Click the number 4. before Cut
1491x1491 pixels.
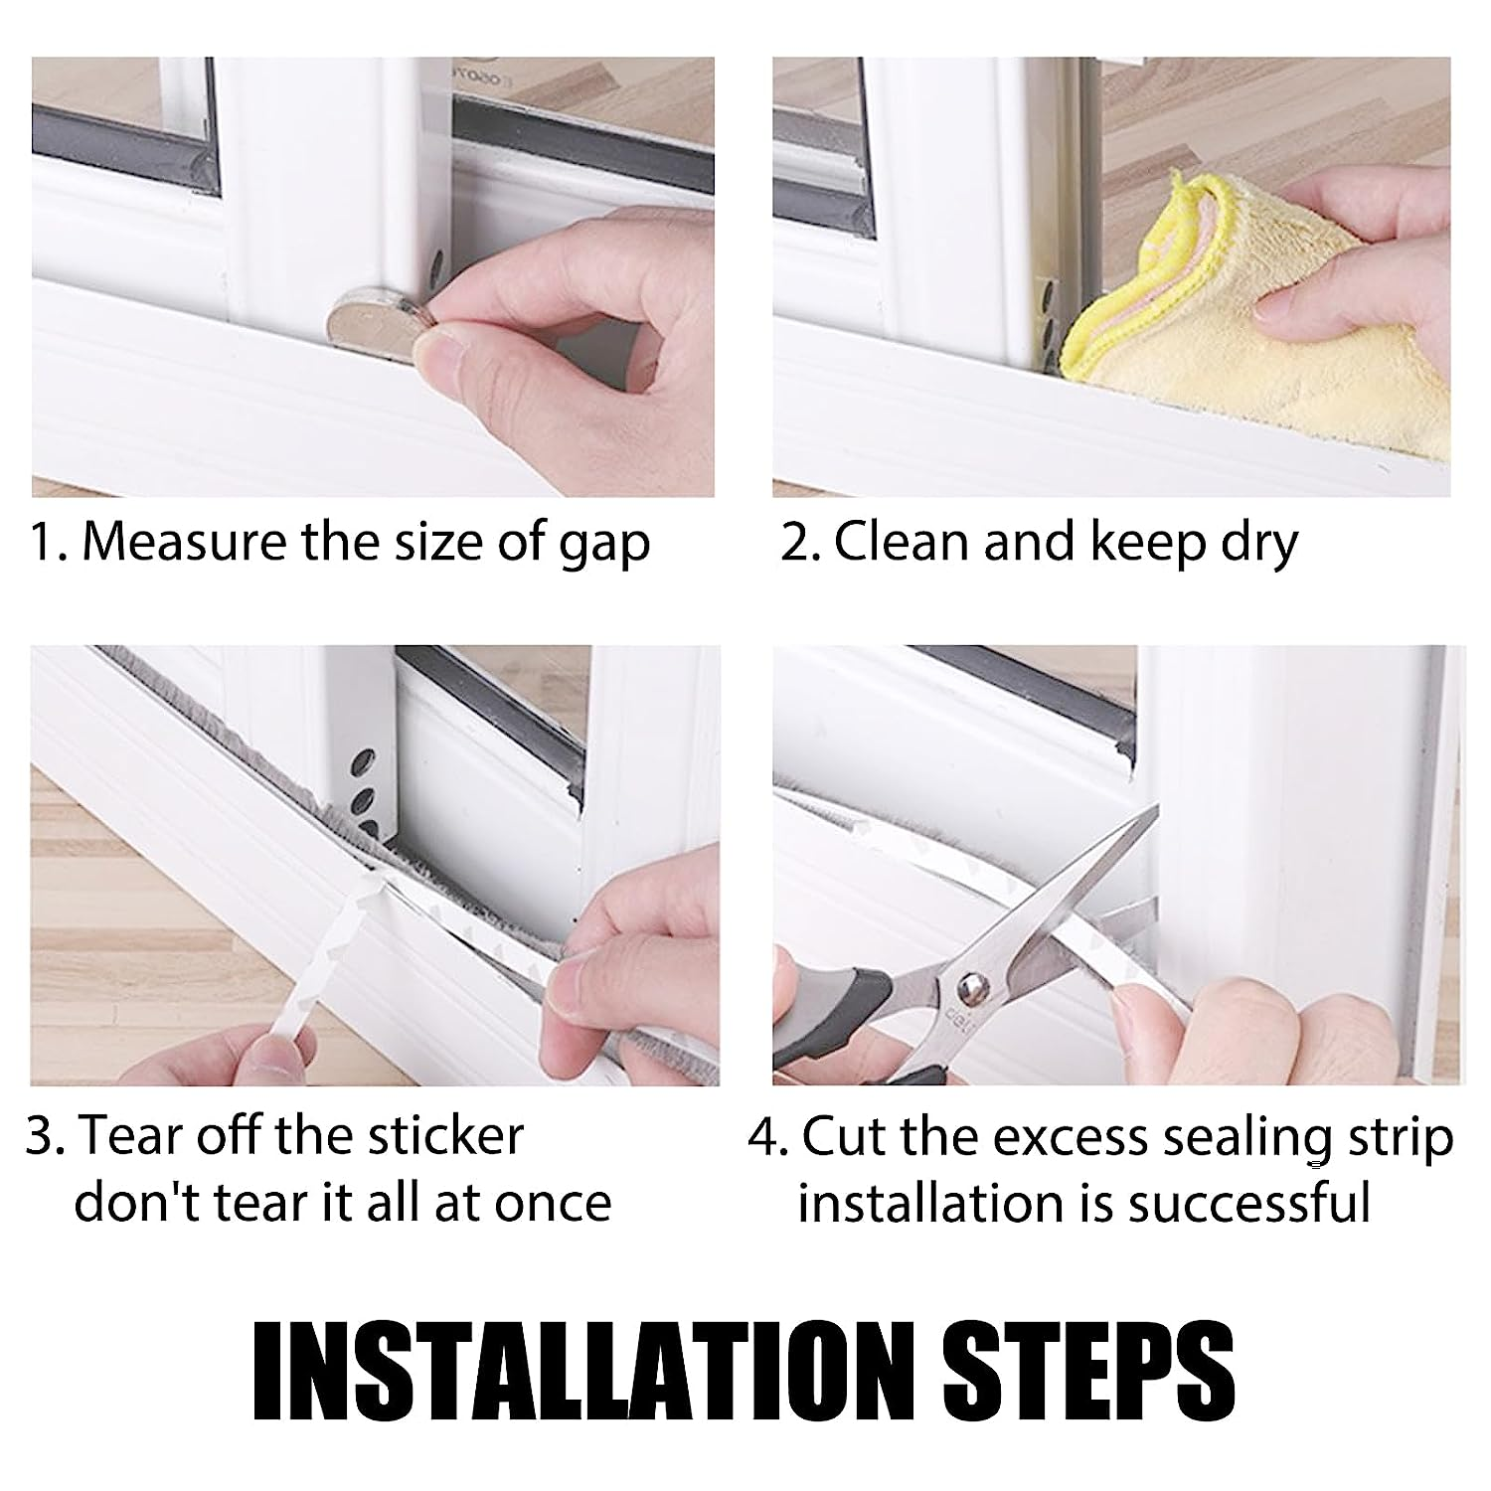pyautogui.click(x=767, y=1136)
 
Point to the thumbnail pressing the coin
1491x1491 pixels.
pyautogui.click(x=438, y=350)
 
